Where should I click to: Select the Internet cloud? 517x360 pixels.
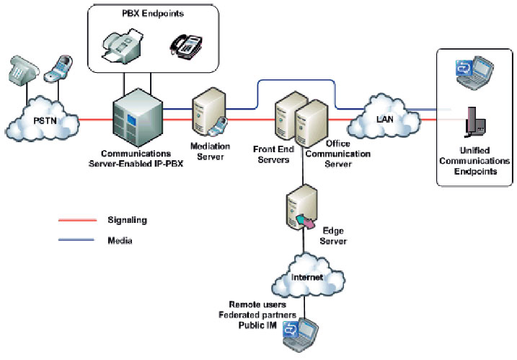304,275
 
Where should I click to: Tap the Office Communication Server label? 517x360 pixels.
335,154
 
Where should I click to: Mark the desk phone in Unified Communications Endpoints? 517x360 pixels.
474,123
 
